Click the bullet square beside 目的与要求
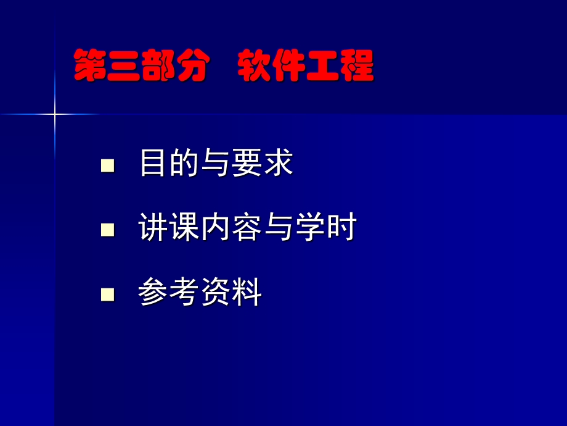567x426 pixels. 108,165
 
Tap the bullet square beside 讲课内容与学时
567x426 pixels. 108,230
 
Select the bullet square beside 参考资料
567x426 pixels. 108,293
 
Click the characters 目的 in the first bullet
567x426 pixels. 170,164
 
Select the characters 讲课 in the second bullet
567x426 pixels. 170,228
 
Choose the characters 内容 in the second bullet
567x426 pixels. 232,228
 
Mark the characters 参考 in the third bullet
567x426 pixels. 170,293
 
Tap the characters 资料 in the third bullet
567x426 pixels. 232,293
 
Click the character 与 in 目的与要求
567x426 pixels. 216,164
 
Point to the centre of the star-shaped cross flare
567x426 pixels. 54,114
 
